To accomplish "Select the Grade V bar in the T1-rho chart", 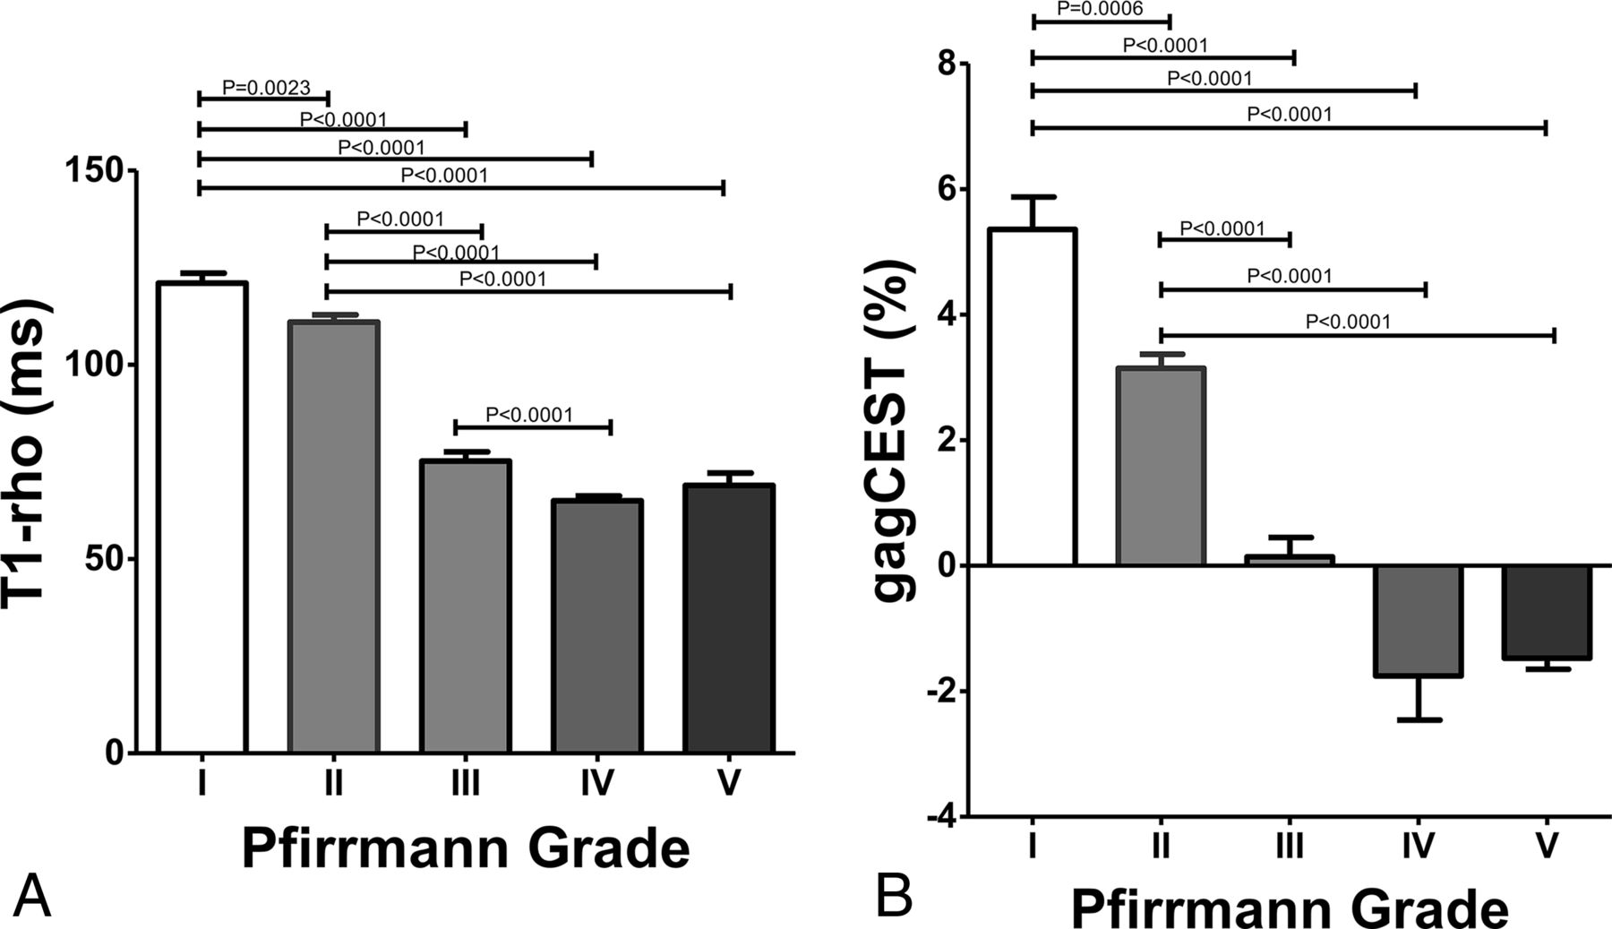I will click(728, 618).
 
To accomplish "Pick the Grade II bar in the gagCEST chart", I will click(1161, 466).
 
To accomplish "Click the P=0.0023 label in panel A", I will click(266, 88).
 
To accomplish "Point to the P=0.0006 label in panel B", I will click(1101, 9).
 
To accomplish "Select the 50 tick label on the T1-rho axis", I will click(107, 559).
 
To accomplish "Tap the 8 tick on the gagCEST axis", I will click(945, 64).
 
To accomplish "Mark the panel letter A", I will click(31, 897).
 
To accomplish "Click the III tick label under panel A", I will click(465, 784).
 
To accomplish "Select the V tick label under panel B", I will click(1547, 846).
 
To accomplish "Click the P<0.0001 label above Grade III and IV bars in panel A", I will click(529, 415).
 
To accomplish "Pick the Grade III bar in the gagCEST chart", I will click(1289, 559).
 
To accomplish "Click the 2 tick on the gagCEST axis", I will click(945, 440).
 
